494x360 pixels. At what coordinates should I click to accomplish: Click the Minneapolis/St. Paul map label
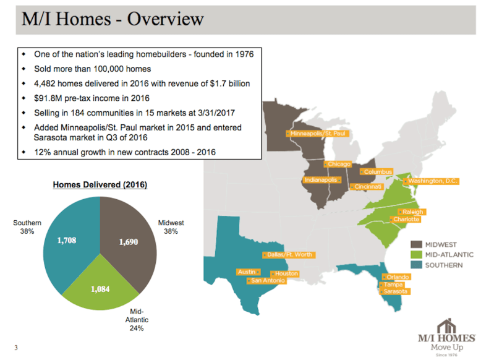(x=318, y=134)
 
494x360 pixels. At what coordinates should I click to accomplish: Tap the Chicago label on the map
(x=338, y=164)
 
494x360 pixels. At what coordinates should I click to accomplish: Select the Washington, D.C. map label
(x=431, y=181)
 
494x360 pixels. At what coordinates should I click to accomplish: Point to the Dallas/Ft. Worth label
(x=289, y=255)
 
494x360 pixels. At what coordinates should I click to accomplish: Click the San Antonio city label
(x=266, y=281)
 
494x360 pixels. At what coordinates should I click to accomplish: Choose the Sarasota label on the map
(x=394, y=291)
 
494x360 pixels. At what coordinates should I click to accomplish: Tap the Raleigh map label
(x=412, y=212)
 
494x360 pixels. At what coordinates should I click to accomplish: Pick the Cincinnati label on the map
(x=367, y=187)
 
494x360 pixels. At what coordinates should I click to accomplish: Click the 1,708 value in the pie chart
(x=67, y=241)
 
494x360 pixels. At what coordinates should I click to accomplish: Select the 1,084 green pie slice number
(x=100, y=289)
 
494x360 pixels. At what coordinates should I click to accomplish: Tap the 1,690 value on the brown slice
(x=128, y=242)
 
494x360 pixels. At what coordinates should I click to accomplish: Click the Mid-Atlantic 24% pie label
(x=137, y=320)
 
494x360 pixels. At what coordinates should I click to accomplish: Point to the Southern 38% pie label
(x=27, y=227)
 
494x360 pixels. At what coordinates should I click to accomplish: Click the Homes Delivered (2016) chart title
(x=100, y=185)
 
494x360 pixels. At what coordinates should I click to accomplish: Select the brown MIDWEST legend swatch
(x=416, y=244)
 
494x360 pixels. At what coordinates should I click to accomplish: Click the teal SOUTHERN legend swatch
(x=416, y=265)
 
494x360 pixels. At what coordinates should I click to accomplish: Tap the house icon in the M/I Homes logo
(x=446, y=326)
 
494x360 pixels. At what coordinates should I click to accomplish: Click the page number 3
(x=16, y=348)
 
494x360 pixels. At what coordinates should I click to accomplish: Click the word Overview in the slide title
(x=166, y=19)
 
